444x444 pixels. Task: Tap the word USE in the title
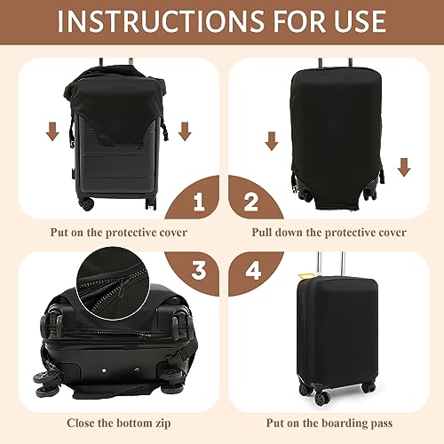pyautogui.click(x=356, y=20)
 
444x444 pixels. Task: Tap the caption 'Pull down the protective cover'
pyautogui.click(x=329, y=233)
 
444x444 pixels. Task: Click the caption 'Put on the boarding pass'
pyautogui.click(x=330, y=424)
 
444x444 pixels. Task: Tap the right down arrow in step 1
pyautogui.click(x=185, y=131)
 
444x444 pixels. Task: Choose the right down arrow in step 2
pyautogui.click(x=404, y=165)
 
